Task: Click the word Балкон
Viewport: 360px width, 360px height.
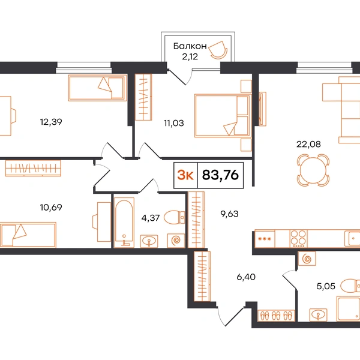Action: (190, 46)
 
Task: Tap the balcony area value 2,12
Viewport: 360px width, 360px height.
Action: (190, 56)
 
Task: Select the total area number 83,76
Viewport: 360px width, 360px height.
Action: (220, 175)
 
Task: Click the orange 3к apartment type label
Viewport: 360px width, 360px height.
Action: (185, 175)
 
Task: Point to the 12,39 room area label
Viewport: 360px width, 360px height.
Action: (51, 122)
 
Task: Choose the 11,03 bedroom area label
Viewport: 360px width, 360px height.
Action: (174, 123)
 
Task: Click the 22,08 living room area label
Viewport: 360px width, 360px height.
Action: (308, 144)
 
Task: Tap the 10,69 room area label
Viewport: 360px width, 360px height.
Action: (51, 208)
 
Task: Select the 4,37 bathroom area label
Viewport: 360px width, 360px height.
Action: (151, 218)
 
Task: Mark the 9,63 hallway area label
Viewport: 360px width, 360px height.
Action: (229, 214)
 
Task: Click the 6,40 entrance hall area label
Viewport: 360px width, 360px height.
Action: (246, 277)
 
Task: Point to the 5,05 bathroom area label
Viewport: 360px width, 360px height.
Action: (326, 286)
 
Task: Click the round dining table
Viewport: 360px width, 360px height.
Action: (313, 170)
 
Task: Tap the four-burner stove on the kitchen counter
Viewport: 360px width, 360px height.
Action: (298, 239)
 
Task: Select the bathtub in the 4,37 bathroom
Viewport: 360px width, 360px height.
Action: (124, 223)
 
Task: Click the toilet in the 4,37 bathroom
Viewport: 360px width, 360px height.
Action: (175, 217)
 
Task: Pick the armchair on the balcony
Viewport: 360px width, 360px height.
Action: (218, 50)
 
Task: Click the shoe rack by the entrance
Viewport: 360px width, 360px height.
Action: (276, 316)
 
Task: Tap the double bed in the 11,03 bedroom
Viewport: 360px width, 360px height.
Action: (223, 115)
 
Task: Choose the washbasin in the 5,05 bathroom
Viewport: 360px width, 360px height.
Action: (318, 314)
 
